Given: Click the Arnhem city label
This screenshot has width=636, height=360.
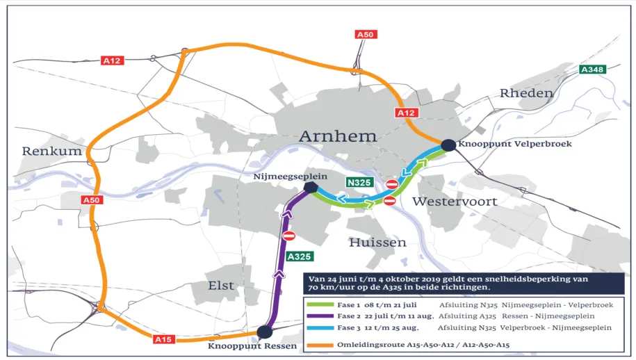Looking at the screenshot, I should point(337,136).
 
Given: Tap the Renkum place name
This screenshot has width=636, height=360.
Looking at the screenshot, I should point(51,151).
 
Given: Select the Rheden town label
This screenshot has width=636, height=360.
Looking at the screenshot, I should point(526,93).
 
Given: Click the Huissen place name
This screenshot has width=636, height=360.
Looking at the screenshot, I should point(377,243).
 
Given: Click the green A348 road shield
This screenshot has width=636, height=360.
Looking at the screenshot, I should point(593,69).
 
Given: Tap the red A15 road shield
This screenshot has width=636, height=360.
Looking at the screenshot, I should point(163,339).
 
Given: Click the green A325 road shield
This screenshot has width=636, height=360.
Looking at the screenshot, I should point(299,256).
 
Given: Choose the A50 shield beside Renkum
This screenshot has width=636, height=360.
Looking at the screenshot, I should point(91,200).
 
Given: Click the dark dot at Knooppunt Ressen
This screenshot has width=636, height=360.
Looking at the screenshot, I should point(264,332).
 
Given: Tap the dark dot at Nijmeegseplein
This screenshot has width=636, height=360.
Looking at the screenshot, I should point(310,187).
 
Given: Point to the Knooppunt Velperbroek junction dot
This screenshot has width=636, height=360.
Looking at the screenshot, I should point(448,145).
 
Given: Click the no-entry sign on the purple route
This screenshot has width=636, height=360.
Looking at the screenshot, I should point(289,236).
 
